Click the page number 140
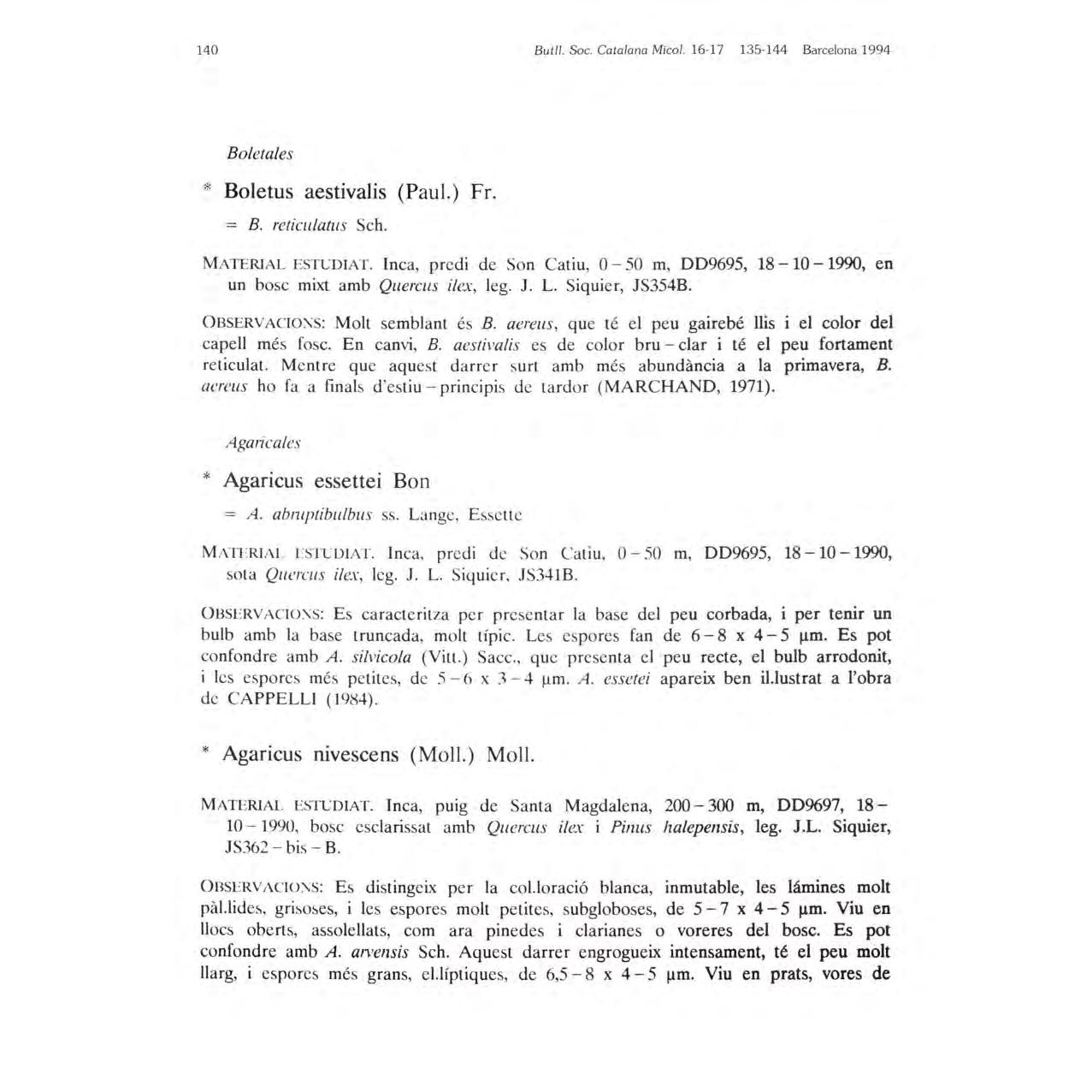207,50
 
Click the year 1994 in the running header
876,50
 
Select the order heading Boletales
260,154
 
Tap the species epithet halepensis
706,827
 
